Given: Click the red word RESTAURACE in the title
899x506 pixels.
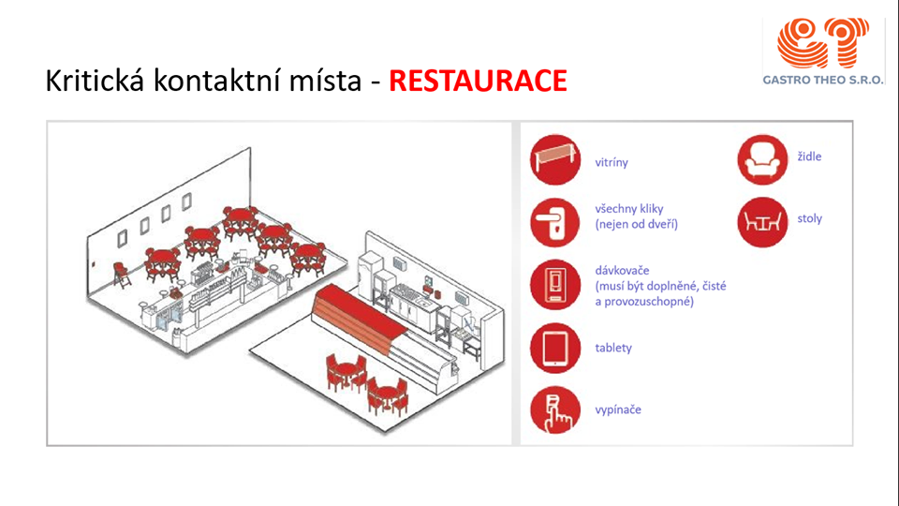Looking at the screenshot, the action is tap(478, 81).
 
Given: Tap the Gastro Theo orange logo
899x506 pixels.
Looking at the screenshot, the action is tap(822, 43).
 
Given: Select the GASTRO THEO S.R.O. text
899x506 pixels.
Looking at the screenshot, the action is tap(823, 80).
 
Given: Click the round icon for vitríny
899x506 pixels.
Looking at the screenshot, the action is tap(555, 159).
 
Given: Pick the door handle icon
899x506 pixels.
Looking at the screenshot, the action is tap(555, 222).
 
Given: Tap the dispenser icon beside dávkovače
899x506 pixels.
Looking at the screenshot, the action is tap(555, 285).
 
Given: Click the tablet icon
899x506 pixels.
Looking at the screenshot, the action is tap(555, 348).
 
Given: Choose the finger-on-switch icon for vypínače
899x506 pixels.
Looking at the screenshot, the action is tap(555, 409).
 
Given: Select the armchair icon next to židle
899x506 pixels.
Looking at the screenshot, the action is tap(762, 159).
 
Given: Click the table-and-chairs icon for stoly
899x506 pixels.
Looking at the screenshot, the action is tap(762, 222).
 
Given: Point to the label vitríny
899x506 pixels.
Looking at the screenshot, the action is tap(612, 162).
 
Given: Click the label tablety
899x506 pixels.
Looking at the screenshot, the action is tap(613, 348).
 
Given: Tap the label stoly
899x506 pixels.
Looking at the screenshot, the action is tap(809, 218).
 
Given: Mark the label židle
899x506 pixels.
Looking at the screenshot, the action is tap(809, 156).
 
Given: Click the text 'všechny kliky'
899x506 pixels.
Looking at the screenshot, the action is tap(629, 209).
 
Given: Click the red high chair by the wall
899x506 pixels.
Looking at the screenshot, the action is tap(121, 275).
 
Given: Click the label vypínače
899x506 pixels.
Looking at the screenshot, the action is tap(618, 409).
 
